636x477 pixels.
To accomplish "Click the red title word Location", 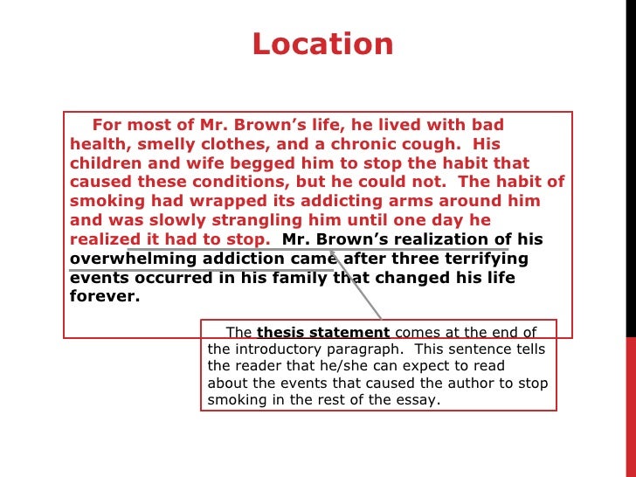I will pyautogui.click(x=322, y=44).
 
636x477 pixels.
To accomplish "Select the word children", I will pyautogui.click(x=107, y=163).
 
